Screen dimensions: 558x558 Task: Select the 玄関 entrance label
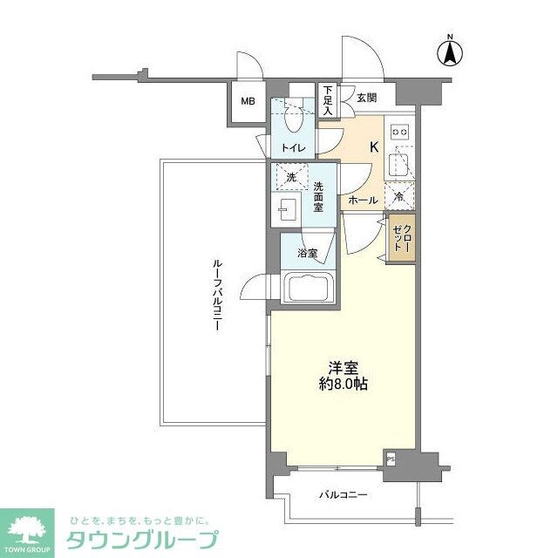[x=364, y=97]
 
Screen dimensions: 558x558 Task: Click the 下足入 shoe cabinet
[x=328, y=101]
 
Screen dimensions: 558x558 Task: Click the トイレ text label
[x=292, y=148]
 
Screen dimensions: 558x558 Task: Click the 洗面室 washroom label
[x=319, y=198]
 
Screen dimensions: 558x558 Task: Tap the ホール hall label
[x=363, y=201]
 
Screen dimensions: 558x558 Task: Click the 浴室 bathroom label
[x=307, y=254]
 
